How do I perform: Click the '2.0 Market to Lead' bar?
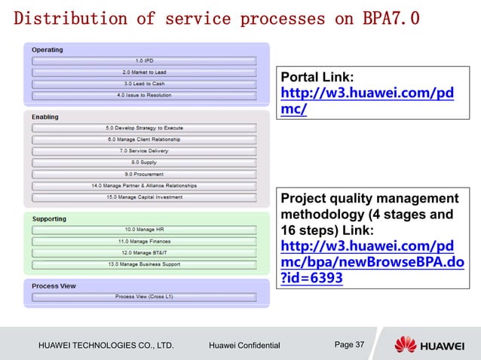pyautogui.click(x=144, y=72)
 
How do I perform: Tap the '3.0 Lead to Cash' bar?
pyautogui.click(x=144, y=84)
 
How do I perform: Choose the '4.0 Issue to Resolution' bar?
pyautogui.click(x=144, y=96)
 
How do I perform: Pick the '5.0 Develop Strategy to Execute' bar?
pyautogui.click(x=144, y=128)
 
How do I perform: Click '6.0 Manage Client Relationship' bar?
pyautogui.click(x=144, y=139)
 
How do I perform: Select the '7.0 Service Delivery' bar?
pyautogui.click(x=144, y=151)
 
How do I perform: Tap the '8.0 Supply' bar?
pyautogui.click(x=144, y=162)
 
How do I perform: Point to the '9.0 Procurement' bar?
pyautogui.click(x=144, y=173)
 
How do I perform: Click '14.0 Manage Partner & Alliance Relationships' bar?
pyautogui.click(x=144, y=185)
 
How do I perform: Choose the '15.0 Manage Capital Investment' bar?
pyautogui.click(x=144, y=197)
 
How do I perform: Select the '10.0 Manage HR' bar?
pyautogui.click(x=144, y=229)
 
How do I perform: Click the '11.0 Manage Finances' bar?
pyautogui.click(x=144, y=241)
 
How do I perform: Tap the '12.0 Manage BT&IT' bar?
pyautogui.click(x=144, y=252)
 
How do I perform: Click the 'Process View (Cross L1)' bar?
pyautogui.click(x=144, y=297)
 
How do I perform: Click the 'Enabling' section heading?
pyautogui.click(x=45, y=117)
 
